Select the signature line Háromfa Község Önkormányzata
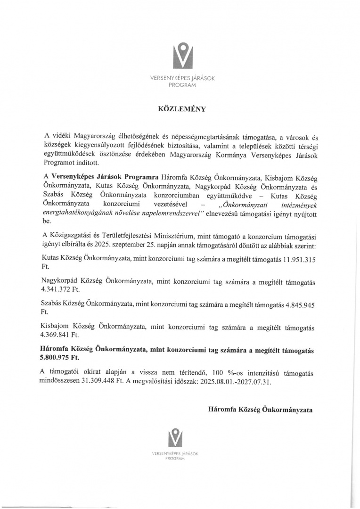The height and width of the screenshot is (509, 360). pyautogui.click(x=260, y=410)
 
